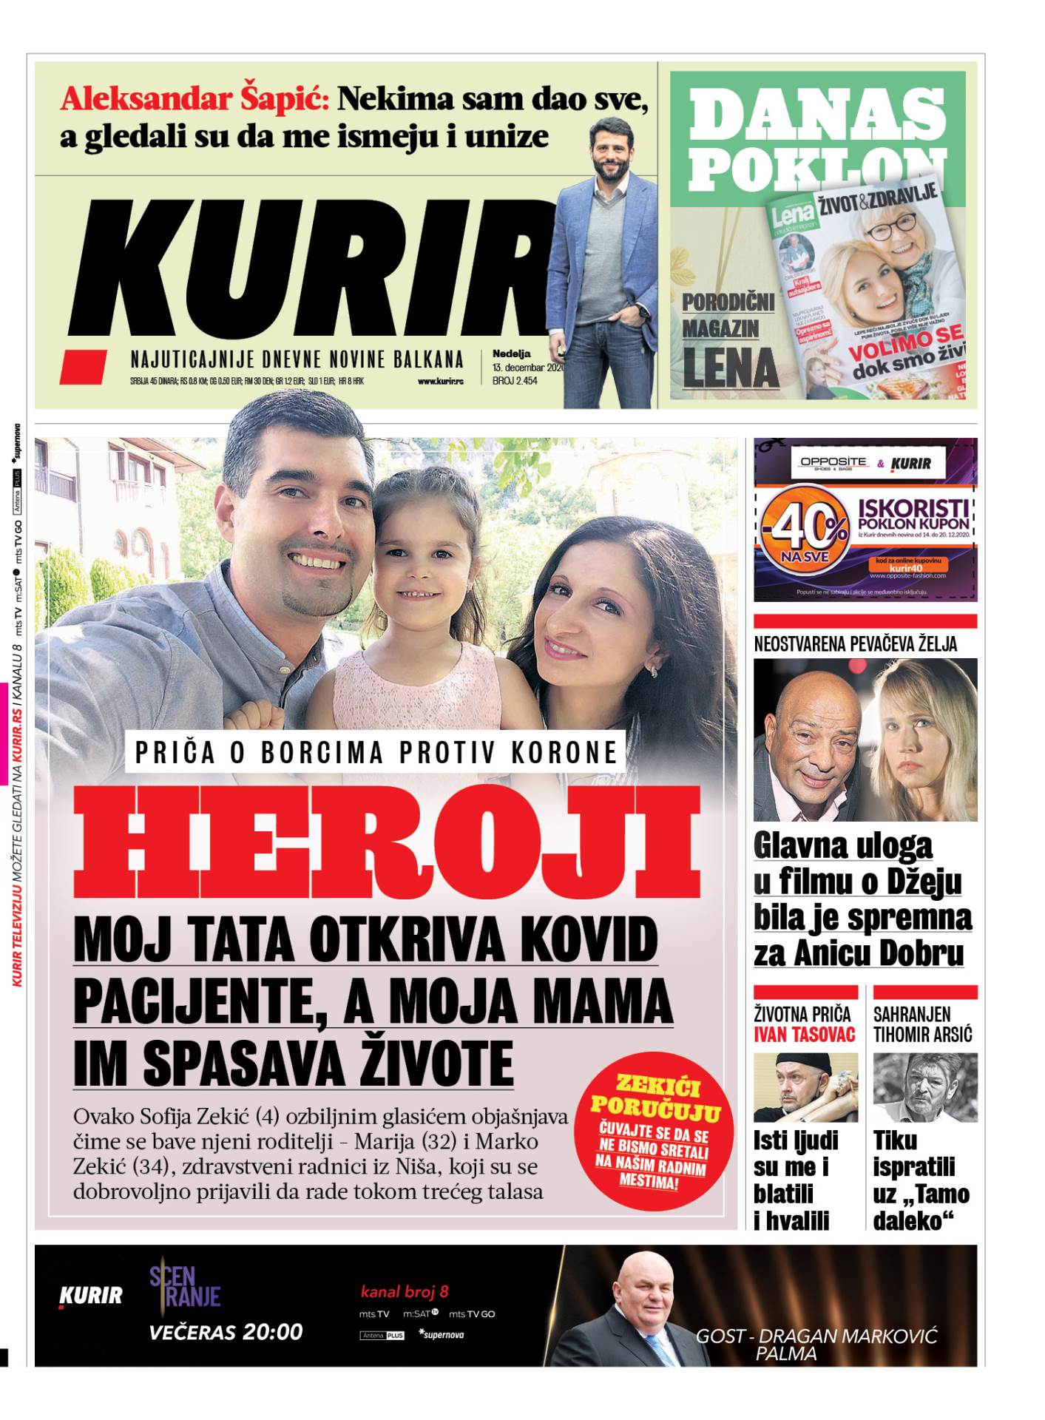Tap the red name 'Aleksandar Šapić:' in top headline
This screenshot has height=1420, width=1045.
click(x=195, y=99)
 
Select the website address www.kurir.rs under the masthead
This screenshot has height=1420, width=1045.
click(x=441, y=382)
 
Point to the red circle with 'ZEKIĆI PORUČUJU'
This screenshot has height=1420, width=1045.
click(x=655, y=1131)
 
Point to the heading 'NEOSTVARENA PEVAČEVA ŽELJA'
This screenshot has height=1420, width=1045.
click(x=855, y=644)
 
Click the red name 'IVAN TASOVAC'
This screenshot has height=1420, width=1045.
click(x=804, y=1034)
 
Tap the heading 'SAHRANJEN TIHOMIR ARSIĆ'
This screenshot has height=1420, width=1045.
click(x=922, y=1024)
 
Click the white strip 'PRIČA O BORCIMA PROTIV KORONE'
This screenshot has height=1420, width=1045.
click(x=376, y=752)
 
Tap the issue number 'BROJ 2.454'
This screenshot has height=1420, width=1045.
click(x=515, y=381)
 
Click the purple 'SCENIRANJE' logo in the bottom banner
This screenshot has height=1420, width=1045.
click(x=185, y=1286)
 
